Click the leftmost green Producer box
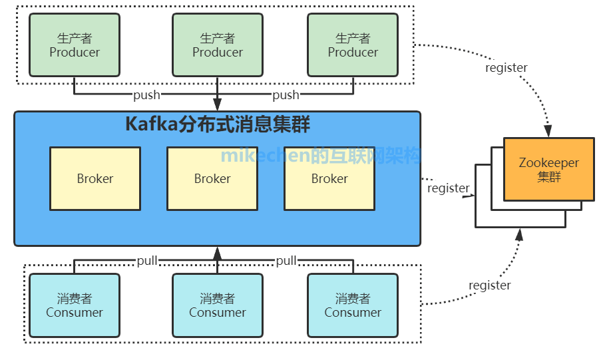[x=75, y=45]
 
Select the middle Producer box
[x=218, y=45]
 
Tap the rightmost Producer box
[x=353, y=45]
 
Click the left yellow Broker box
[x=95, y=178]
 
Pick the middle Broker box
[x=212, y=178]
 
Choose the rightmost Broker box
[x=329, y=178]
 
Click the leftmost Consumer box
[x=75, y=305]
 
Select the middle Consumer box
[x=218, y=305]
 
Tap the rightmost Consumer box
[x=353, y=305]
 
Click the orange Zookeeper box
[x=549, y=169]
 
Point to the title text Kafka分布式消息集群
[x=218, y=124]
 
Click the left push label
[x=146, y=95]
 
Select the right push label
[x=286, y=95]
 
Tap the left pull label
[x=147, y=261]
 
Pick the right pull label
[x=286, y=261]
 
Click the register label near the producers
[x=506, y=67]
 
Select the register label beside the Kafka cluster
[x=449, y=188]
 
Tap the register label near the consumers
[x=490, y=285]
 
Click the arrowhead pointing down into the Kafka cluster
[x=217, y=104]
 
